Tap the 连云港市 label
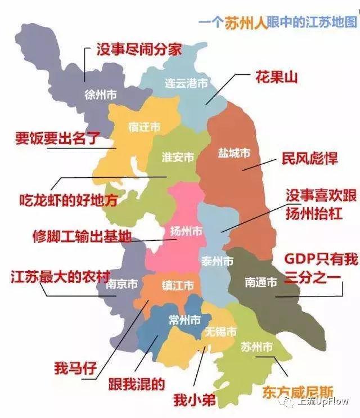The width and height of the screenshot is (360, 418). coord(186,83)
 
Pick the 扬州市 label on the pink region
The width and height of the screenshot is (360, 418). coord(186,231)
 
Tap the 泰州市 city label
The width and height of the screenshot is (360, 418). coord(217,262)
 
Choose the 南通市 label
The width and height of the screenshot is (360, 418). coord(261,282)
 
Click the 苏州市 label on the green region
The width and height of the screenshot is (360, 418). coord(256,345)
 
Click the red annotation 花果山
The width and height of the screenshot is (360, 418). coord(277,77)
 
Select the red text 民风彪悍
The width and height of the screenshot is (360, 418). coord(310,159)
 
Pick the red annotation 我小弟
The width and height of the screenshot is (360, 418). coord(195,401)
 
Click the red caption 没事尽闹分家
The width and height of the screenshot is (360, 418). coord(139,50)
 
